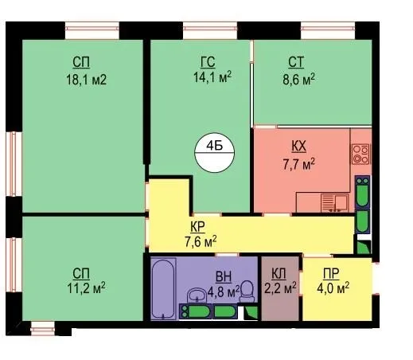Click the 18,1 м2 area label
pos(86,80)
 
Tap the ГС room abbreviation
pos(208,62)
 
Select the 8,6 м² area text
pos(298,79)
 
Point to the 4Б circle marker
pos(215,153)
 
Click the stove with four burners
pos(360,154)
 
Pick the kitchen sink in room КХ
pos(334,203)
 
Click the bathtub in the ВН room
pos(163,288)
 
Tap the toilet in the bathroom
pos(247,292)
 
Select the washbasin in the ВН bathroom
pos(197,295)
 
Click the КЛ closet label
pos(279,274)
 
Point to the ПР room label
pos(331,274)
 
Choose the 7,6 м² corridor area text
pos(201,242)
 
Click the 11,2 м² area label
pos(86,288)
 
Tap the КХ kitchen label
pos(298,147)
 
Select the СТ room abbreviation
pos(296,62)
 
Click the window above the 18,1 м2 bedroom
pos(92,30)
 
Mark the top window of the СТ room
pos(328,30)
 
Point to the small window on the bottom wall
pos(43,329)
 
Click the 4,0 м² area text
pos(333,288)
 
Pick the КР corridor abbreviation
pos(197,227)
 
